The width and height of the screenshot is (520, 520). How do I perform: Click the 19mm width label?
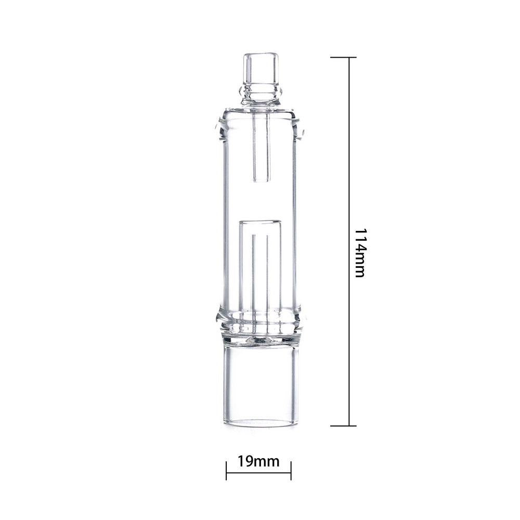pyautogui.click(x=258, y=461)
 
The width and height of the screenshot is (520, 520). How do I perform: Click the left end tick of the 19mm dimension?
pyautogui.click(x=227, y=470)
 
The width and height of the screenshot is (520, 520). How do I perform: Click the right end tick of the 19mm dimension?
pyautogui.click(x=291, y=470)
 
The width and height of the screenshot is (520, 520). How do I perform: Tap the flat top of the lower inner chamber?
pyautogui.click(x=261, y=223)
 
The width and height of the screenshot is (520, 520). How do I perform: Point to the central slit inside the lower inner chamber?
pyautogui.click(x=261, y=276)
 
